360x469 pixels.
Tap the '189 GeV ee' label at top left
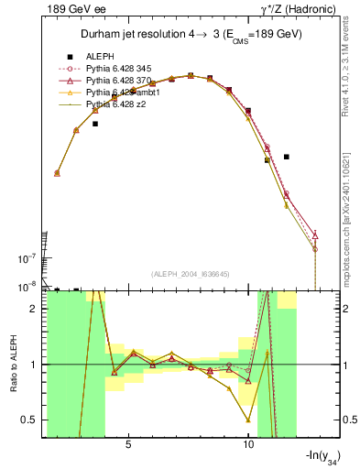(74, 9)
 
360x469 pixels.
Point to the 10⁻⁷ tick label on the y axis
(29, 257)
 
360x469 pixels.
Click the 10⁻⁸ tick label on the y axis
(29, 288)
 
